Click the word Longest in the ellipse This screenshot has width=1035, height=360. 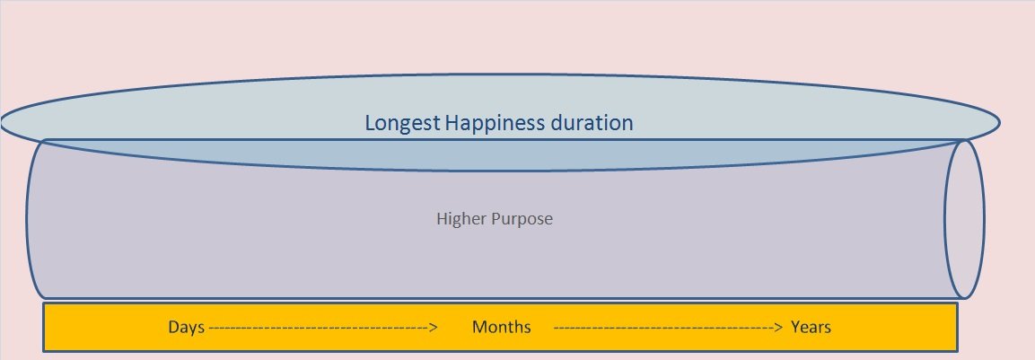click(402, 124)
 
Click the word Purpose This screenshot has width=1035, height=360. click(521, 219)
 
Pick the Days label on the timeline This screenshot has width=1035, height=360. click(186, 328)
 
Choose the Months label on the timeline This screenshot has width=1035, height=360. click(501, 327)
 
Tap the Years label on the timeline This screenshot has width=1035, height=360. click(811, 327)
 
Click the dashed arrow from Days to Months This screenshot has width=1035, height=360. click(323, 327)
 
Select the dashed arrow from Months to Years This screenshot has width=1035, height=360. click(668, 327)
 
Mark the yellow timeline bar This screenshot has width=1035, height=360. click(500, 327)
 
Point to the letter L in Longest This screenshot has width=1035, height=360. click(371, 123)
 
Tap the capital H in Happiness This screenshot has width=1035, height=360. click(452, 123)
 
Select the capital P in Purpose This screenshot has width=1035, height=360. click(493, 219)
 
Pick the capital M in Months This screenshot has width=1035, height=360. click(480, 327)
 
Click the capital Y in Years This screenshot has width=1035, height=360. click(797, 327)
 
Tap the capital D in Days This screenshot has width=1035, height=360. click(174, 327)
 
